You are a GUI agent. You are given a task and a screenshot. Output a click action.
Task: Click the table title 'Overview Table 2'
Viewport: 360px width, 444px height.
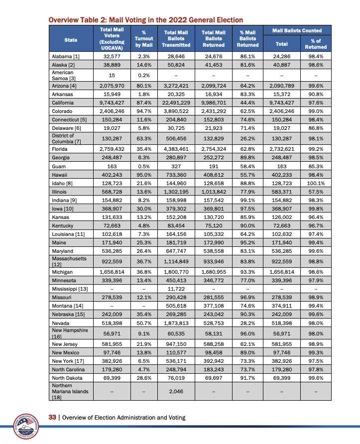point(145,20)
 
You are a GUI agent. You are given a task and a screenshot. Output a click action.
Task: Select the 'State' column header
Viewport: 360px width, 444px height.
point(71,39)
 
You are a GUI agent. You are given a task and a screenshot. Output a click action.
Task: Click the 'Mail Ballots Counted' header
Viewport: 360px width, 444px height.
point(297,31)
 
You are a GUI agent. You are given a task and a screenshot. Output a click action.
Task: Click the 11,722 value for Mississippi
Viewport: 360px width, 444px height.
point(175,289)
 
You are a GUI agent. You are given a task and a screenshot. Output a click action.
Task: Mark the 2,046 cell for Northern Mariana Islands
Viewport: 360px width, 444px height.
point(175,392)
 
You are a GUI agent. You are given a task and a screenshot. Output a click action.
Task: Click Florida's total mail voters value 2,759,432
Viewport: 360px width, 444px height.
point(112,149)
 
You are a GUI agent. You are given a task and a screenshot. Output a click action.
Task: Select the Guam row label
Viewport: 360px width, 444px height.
point(58,167)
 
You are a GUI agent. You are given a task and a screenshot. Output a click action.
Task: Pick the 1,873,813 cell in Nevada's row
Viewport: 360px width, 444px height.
point(175,323)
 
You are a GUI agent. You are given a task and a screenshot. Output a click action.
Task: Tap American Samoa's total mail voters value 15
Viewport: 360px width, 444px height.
point(112,75)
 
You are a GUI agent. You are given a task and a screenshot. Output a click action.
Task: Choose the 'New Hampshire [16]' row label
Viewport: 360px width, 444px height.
point(70,333)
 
